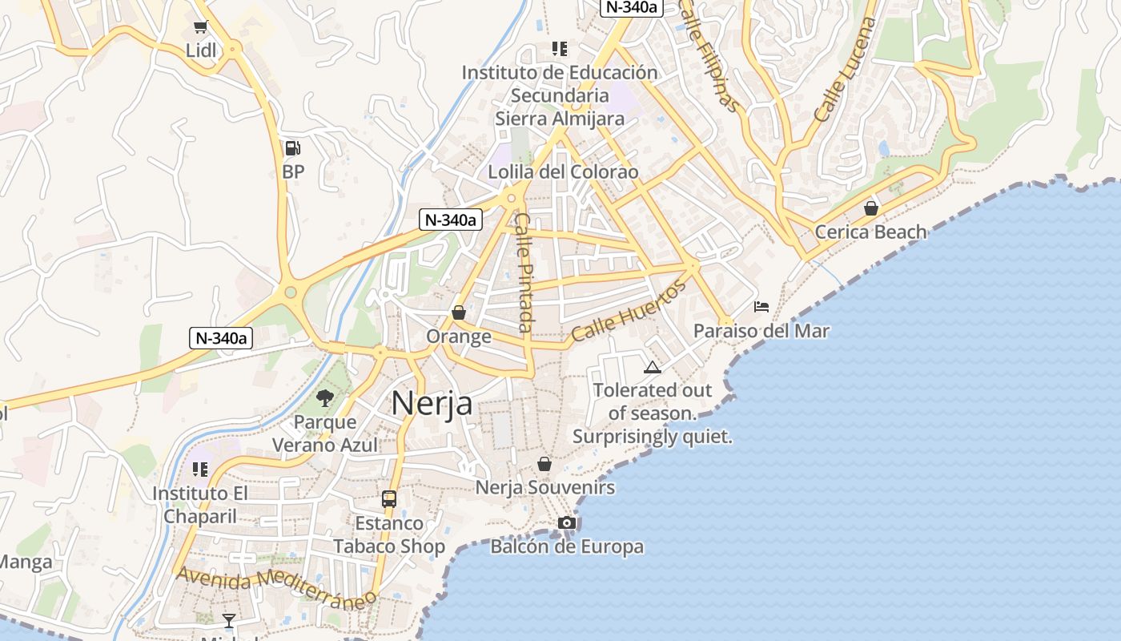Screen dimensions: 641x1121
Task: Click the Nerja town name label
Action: [432, 403]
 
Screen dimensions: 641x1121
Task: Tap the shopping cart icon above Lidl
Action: [200, 27]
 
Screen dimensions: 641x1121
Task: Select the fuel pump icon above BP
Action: [293, 148]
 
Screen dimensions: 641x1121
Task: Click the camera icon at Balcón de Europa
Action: [567, 523]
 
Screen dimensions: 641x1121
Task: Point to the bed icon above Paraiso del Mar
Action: [761, 307]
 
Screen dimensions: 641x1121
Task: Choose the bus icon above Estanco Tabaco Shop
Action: [389, 499]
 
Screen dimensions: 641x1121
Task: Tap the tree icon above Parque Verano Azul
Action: [325, 397]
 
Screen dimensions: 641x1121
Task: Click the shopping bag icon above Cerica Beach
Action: [870, 208]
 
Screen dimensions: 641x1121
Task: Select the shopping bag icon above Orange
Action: [459, 312]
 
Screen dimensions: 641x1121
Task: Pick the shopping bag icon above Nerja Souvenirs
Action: [544, 464]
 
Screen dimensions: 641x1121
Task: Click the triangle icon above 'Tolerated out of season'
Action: [653, 368]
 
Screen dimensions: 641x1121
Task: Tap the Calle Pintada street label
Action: [524, 272]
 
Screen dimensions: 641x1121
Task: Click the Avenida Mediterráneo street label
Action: [276, 587]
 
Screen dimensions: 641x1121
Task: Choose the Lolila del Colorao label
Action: [564, 172]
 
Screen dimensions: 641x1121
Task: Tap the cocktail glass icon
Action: [229, 620]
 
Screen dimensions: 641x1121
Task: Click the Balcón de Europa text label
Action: [567, 547]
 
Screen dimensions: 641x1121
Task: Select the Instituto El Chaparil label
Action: [200, 505]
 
